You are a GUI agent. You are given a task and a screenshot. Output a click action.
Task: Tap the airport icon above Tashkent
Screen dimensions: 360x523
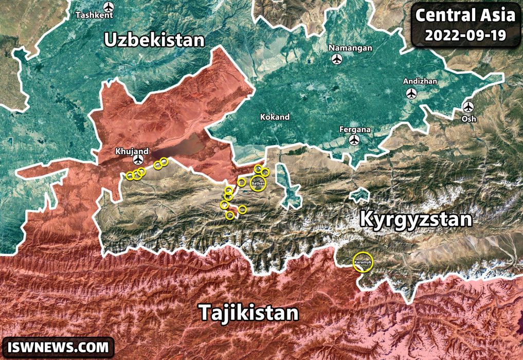point(108,7)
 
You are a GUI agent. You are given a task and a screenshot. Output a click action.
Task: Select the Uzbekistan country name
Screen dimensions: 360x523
point(154,40)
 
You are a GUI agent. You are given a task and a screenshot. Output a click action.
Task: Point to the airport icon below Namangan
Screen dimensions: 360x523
point(337,60)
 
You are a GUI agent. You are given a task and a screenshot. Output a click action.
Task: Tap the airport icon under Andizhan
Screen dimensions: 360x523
point(411,94)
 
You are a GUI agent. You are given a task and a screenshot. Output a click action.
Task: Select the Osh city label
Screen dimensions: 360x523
point(469,119)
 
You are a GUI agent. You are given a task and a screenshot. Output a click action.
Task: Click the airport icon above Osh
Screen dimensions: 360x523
point(467,107)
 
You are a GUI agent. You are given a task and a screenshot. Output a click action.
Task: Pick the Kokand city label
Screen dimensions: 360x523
point(275,117)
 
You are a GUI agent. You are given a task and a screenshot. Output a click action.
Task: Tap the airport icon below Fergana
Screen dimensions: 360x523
point(354,140)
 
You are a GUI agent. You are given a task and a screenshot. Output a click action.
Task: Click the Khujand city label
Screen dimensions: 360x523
point(132,152)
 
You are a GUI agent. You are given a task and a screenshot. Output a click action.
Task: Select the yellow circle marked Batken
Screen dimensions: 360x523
point(259,183)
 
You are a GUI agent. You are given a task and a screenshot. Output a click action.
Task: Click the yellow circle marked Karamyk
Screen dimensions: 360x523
point(363,261)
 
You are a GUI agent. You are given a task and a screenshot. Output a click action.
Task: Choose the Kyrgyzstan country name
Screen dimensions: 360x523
point(416,220)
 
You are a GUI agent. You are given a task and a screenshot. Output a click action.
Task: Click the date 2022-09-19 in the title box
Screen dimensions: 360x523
point(465,35)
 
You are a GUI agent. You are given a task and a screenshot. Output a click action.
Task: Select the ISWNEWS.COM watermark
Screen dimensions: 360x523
point(58,347)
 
